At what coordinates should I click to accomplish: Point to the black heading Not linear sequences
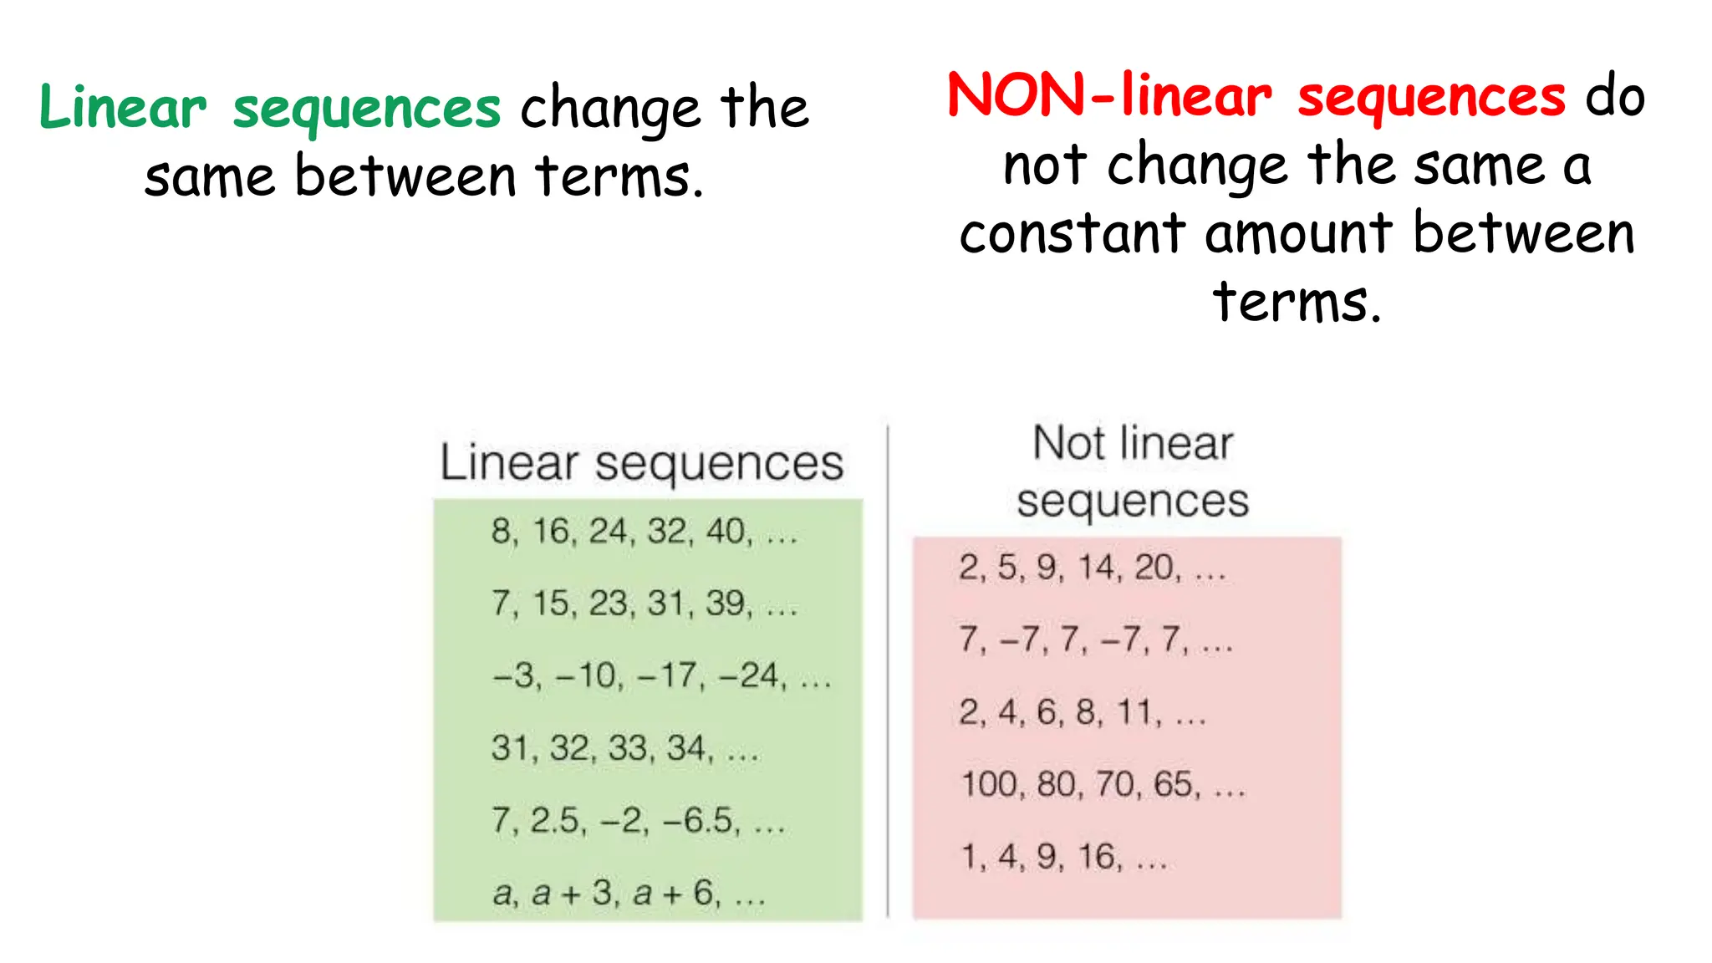[x=1133, y=471]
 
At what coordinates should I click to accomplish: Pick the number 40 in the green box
[x=726, y=531]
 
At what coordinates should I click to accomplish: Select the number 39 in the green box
[x=725, y=603]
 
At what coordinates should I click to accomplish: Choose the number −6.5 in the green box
[x=701, y=820]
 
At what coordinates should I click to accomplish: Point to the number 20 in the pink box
[x=1154, y=568]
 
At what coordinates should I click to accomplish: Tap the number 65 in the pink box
[x=1174, y=784]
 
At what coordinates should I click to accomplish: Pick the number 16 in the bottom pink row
[x=1098, y=856]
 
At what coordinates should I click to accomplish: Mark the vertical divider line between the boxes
[x=888, y=669]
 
